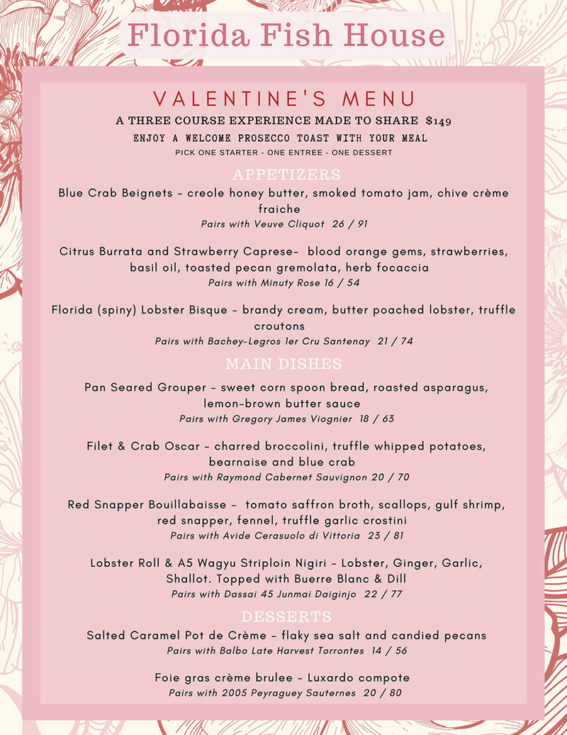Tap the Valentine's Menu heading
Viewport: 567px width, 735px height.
click(x=283, y=99)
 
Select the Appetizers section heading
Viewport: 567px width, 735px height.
click(x=286, y=175)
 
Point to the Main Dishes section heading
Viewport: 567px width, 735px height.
click(x=283, y=364)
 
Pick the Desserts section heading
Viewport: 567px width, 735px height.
click(x=286, y=616)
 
